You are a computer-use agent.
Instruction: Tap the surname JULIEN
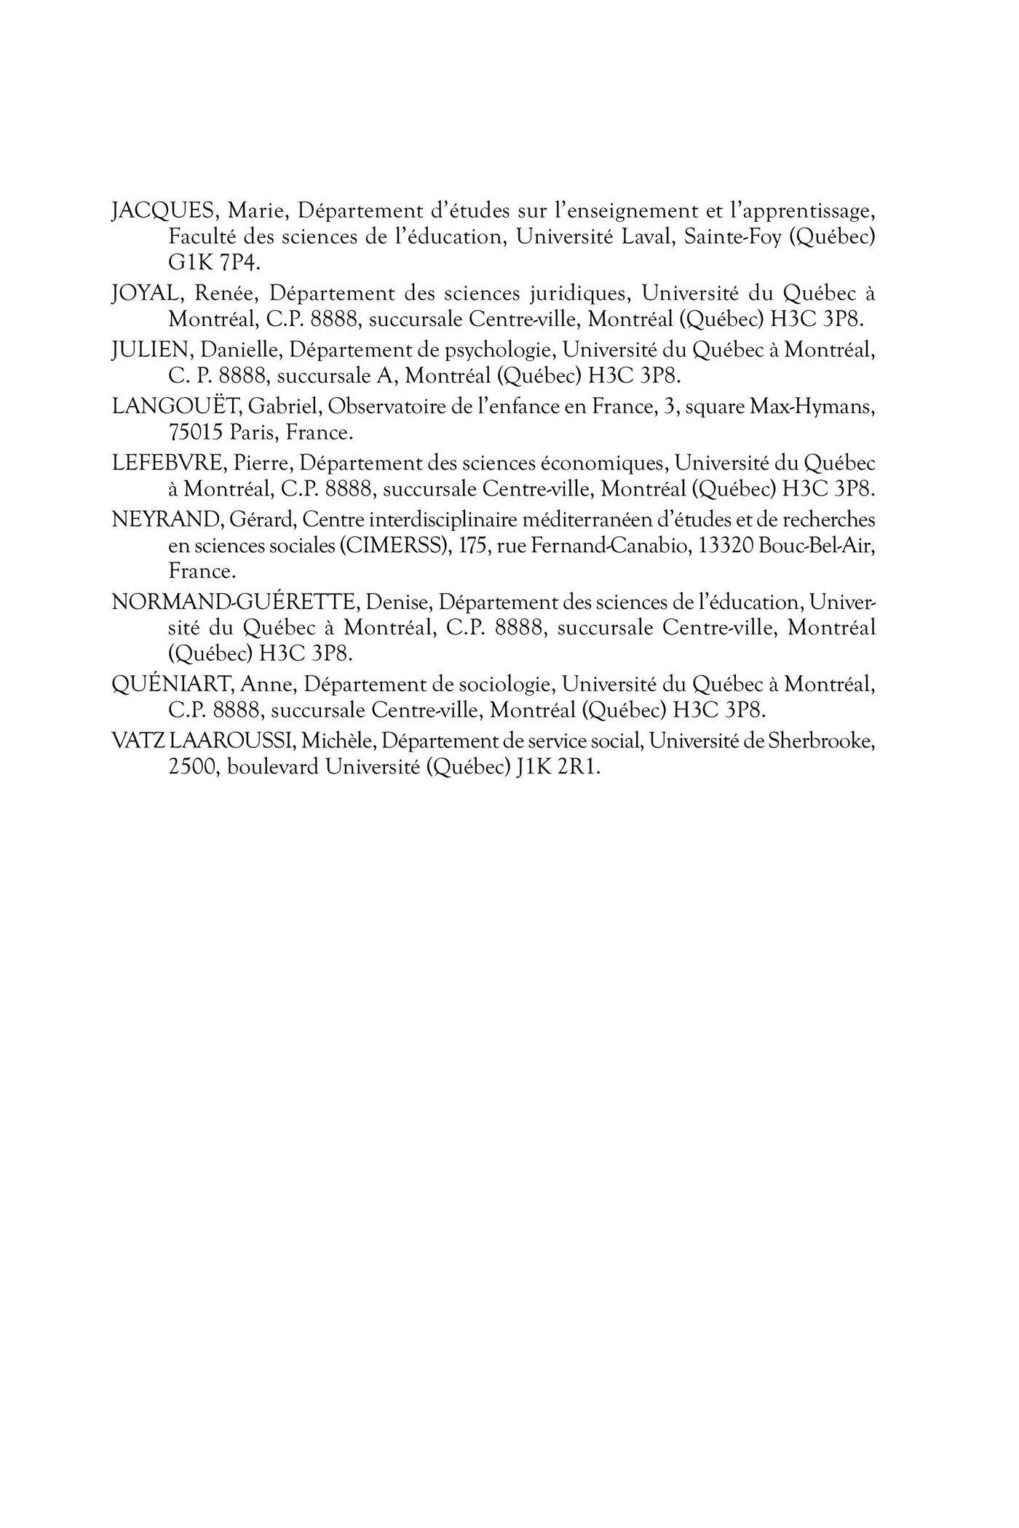pyautogui.click(x=152, y=350)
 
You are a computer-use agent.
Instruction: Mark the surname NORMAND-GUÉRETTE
pyautogui.click(x=234, y=602)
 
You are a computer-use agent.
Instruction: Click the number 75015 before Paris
pyautogui.click(x=195, y=432)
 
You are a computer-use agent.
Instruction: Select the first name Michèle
pyautogui.click(x=338, y=741)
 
